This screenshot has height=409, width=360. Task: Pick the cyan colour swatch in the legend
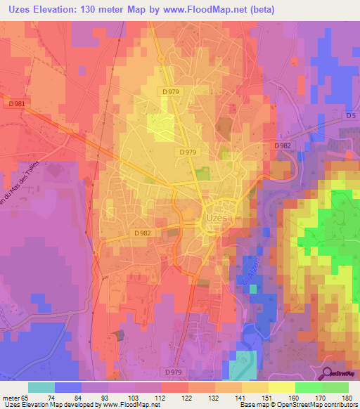41,387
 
